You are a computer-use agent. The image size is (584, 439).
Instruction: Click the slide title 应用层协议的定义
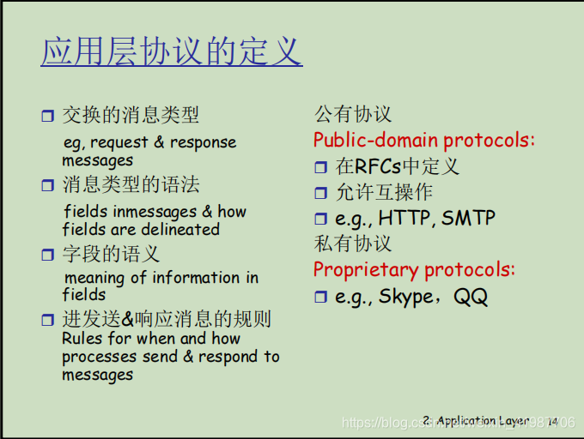coord(172,51)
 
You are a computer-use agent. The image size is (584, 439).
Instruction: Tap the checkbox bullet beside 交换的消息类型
coord(48,116)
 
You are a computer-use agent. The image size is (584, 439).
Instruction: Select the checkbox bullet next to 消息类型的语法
coord(48,184)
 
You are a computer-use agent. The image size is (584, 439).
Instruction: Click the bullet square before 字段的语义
coord(48,255)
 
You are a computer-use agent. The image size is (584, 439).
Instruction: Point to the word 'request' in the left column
coord(119,142)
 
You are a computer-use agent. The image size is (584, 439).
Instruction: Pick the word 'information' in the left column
coord(196,277)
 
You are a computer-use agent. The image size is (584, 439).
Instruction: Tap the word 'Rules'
coord(82,339)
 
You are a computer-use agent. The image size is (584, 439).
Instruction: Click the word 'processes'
coord(99,357)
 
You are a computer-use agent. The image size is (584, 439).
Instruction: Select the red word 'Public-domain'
coord(376,140)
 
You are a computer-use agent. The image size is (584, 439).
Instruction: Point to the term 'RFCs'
coord(378,166)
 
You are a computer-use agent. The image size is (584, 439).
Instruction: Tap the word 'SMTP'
coord(468,218)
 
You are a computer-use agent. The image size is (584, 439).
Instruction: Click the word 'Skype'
coord(406,297)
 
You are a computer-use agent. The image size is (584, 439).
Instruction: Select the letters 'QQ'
coord(471,297)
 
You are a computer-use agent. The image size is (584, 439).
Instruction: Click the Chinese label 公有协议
coord(353,114)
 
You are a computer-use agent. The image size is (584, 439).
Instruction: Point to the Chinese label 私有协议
coord(353,244)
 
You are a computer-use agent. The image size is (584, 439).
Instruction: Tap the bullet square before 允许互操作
coord(320,193)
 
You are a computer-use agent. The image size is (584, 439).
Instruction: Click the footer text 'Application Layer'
coord(483,421)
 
